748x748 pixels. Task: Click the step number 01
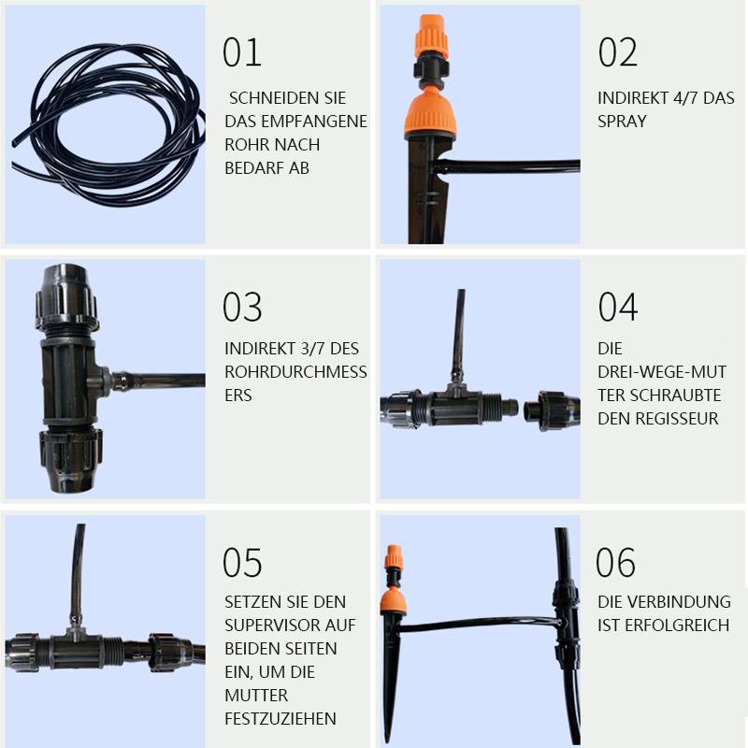[242, 52]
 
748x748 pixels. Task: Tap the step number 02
[618, 52]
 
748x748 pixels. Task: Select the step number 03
[242, 307]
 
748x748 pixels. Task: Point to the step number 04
[618, 307]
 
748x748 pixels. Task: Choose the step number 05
[242, 563]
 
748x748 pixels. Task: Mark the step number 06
[615, 563]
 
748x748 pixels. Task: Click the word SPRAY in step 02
[622, 122]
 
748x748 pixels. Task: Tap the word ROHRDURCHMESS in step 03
[295, 372]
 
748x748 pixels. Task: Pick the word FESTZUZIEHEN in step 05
[280, 719]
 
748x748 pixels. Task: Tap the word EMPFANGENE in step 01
[314, 122]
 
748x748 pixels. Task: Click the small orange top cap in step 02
[433, 36]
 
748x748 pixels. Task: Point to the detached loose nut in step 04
[553, 410]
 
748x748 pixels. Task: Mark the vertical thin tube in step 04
[459, 336]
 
